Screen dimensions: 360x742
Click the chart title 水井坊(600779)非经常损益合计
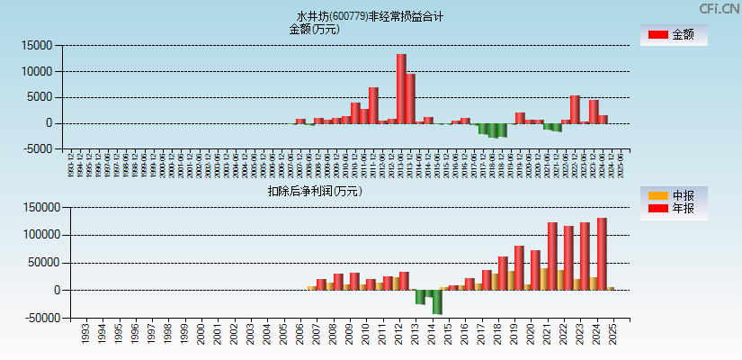(370, 16)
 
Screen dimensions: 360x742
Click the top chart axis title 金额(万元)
(314, 29)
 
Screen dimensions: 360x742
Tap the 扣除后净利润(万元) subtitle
(315, 191)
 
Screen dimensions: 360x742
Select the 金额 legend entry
(673, 35)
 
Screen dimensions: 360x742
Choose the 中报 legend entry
(673, 195)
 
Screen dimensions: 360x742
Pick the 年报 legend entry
(673, 209)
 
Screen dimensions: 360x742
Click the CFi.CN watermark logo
(719, 8)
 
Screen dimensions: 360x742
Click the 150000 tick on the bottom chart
(40, 207)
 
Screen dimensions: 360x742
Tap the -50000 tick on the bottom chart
(40, 318)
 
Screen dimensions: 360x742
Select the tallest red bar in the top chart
(401, 88)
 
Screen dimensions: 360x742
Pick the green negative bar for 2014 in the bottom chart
(437, 301)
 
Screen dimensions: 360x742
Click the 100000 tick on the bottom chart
(40, 235)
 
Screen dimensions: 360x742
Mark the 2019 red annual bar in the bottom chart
(519, 267)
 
